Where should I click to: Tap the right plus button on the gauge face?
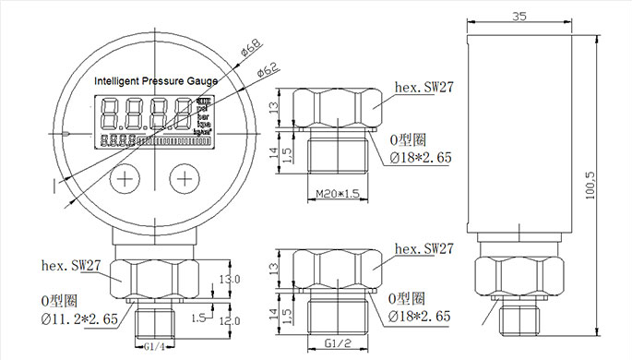(185, 177)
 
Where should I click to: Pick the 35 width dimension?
(519, 16)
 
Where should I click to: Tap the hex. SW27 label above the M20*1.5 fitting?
(424, 88)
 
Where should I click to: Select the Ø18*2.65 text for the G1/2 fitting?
(421, 317)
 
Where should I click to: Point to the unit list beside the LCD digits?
(204, 115)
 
